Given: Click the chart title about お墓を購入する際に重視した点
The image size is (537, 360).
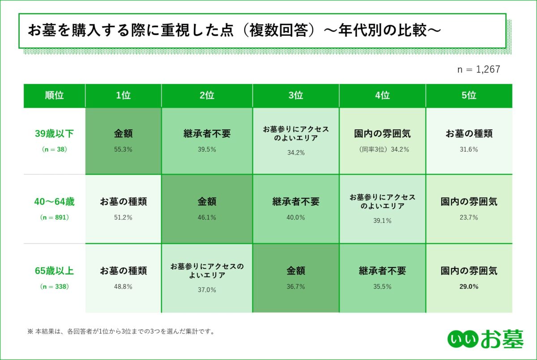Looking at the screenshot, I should (234, 30).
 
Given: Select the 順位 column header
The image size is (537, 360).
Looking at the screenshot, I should (54, 95).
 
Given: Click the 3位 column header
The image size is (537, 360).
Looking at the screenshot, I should (296, 95).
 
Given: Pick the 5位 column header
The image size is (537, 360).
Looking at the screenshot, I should (469, 95).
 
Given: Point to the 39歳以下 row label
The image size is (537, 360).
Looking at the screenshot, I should (54, 133).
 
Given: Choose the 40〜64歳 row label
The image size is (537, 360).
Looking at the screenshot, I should (54, 202).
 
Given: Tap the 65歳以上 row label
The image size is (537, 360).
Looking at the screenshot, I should (54, 271).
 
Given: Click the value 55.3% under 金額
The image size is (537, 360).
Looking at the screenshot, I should (123, 150).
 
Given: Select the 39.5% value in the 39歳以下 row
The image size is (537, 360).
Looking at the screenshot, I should (207, 150).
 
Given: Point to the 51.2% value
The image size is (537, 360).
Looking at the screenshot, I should (123, 218).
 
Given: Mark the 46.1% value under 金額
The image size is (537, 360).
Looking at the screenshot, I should (207, 218).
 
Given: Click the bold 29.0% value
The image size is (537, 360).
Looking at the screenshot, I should (469, 287).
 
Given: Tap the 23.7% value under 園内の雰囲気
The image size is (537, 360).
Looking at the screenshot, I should (469, 218).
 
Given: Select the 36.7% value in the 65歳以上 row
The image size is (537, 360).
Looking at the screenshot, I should (296, 287).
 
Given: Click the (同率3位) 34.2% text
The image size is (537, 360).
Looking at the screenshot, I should (383, 150).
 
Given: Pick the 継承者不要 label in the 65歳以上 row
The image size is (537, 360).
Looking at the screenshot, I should (383, 271).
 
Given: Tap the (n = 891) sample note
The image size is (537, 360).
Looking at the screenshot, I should (54, 218).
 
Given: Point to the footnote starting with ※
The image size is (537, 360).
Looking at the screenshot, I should (121, 332).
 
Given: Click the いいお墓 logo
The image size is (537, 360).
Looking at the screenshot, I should (485, 339).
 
